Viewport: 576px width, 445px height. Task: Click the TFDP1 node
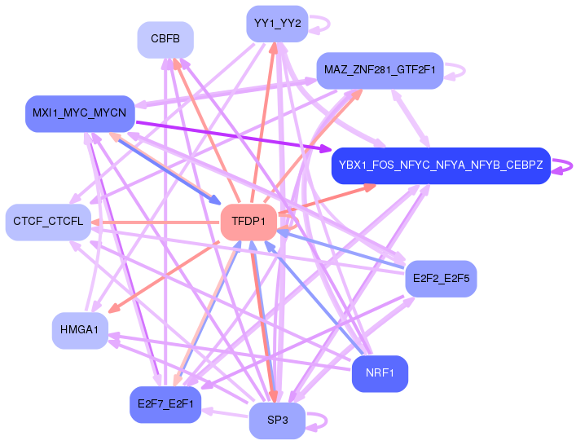[x=248, y=222]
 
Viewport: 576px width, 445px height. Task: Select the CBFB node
[x=165, y=38]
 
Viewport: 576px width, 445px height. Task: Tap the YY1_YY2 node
[x=276, y=23]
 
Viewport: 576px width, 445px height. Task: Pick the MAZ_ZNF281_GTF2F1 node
[x=380, y=70]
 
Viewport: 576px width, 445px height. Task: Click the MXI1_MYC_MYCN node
[x=79, y=112]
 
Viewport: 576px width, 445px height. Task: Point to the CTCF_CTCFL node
[x=48, y=222]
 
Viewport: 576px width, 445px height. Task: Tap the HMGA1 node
[x=79, y=330]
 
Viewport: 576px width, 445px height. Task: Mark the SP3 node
[x=276, y=421]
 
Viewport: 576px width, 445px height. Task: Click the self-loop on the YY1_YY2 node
[x=323, y=23]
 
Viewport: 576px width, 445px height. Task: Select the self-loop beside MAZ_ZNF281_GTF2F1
[x=461, y=70]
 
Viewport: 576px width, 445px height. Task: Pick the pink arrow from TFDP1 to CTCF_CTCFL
[x=155, y=222]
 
